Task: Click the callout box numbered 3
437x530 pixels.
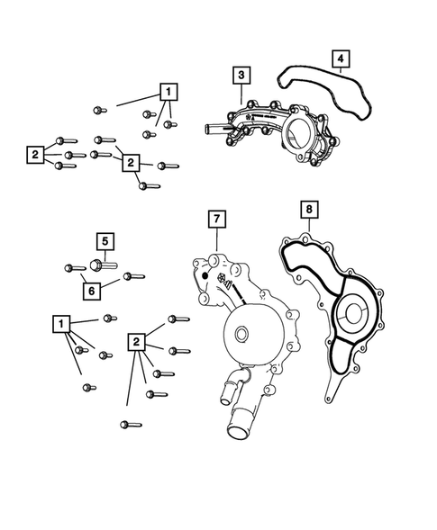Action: pos(241,75)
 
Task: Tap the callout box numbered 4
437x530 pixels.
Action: pos(340,59)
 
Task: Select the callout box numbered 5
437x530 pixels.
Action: pos(105,241)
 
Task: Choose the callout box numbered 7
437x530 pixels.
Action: pos(216,219)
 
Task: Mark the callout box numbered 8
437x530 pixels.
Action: pos(309,210)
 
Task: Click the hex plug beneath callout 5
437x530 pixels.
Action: pos(98,265)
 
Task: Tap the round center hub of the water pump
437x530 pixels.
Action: pos(241,336)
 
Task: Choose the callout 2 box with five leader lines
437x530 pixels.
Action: pos(137,341)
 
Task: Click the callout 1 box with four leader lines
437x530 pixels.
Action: pos(60,323)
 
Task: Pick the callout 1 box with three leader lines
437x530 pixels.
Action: pos(168,91)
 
